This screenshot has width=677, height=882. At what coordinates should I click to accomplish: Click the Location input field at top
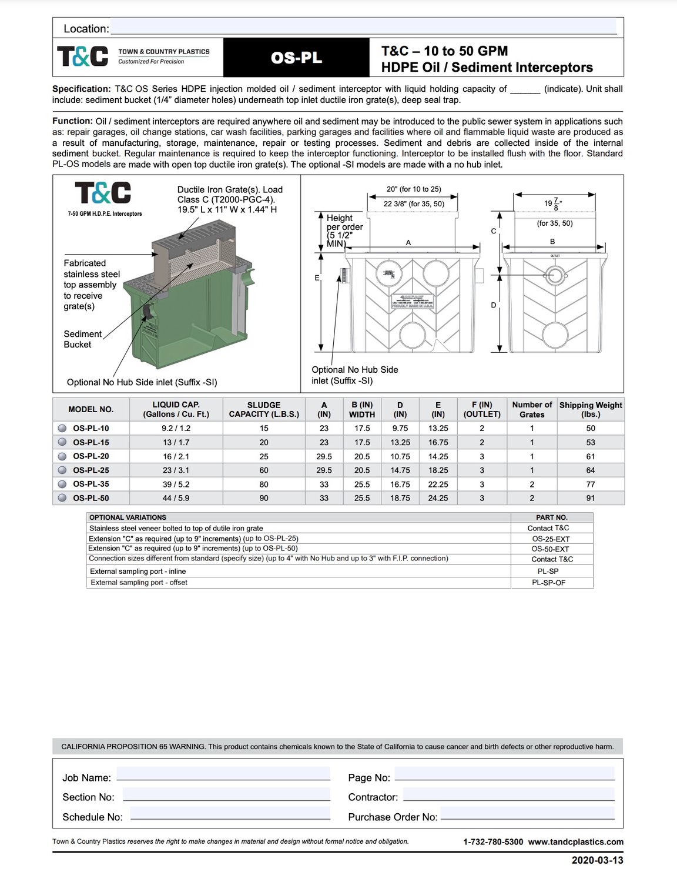tap(363, 27)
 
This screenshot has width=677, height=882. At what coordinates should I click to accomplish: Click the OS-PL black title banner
tap(296, 58)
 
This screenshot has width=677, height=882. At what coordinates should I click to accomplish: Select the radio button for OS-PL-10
tap(62, 428)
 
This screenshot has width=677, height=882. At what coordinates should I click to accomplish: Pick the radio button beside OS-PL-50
tap(62, 498)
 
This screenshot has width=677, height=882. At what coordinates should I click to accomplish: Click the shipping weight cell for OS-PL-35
tap(590, 485)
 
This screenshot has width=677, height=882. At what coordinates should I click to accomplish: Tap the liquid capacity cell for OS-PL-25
tap(176, 470)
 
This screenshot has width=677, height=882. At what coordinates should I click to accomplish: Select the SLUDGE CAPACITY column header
tap(264, 409)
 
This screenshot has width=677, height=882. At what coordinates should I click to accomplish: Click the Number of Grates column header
tap(532, 409)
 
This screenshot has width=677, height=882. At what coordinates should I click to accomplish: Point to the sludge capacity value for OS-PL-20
tap(264, 456)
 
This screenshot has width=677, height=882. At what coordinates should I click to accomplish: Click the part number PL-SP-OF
tap(548, 583)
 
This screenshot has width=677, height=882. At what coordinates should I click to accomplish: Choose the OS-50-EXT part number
tap(550, 549)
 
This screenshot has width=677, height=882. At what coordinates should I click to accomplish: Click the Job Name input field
tap(223, 774)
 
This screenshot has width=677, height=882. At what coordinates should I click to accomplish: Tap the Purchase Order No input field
tap(527, 813)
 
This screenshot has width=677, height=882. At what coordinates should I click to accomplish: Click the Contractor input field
tap(508, 793)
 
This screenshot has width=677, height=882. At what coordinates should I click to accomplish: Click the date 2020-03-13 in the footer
tap(597, 860)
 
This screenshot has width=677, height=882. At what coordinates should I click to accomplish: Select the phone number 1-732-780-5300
tap(493, 841)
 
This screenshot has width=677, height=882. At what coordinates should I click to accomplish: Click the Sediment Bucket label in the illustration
tap(82, 339)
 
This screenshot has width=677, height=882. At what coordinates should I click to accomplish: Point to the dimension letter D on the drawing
tap(494, 305)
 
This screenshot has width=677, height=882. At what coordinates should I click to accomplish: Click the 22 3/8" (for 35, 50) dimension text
tap(414, 203)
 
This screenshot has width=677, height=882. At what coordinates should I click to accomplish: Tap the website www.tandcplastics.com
tap(575, 841)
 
